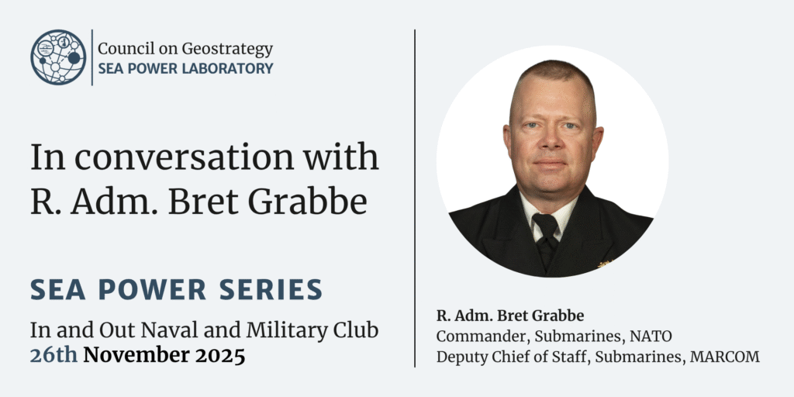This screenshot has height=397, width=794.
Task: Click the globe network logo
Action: click(x=58, y=57)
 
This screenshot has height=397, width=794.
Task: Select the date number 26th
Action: click(x=54, y=355)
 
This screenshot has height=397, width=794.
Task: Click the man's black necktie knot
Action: click(x=545, y=222)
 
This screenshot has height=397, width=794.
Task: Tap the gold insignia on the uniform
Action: click(x=605, y=264)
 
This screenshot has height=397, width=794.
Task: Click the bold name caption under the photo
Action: click(x=510, y=316)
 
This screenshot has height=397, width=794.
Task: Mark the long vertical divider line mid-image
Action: click(x=415, y=198)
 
